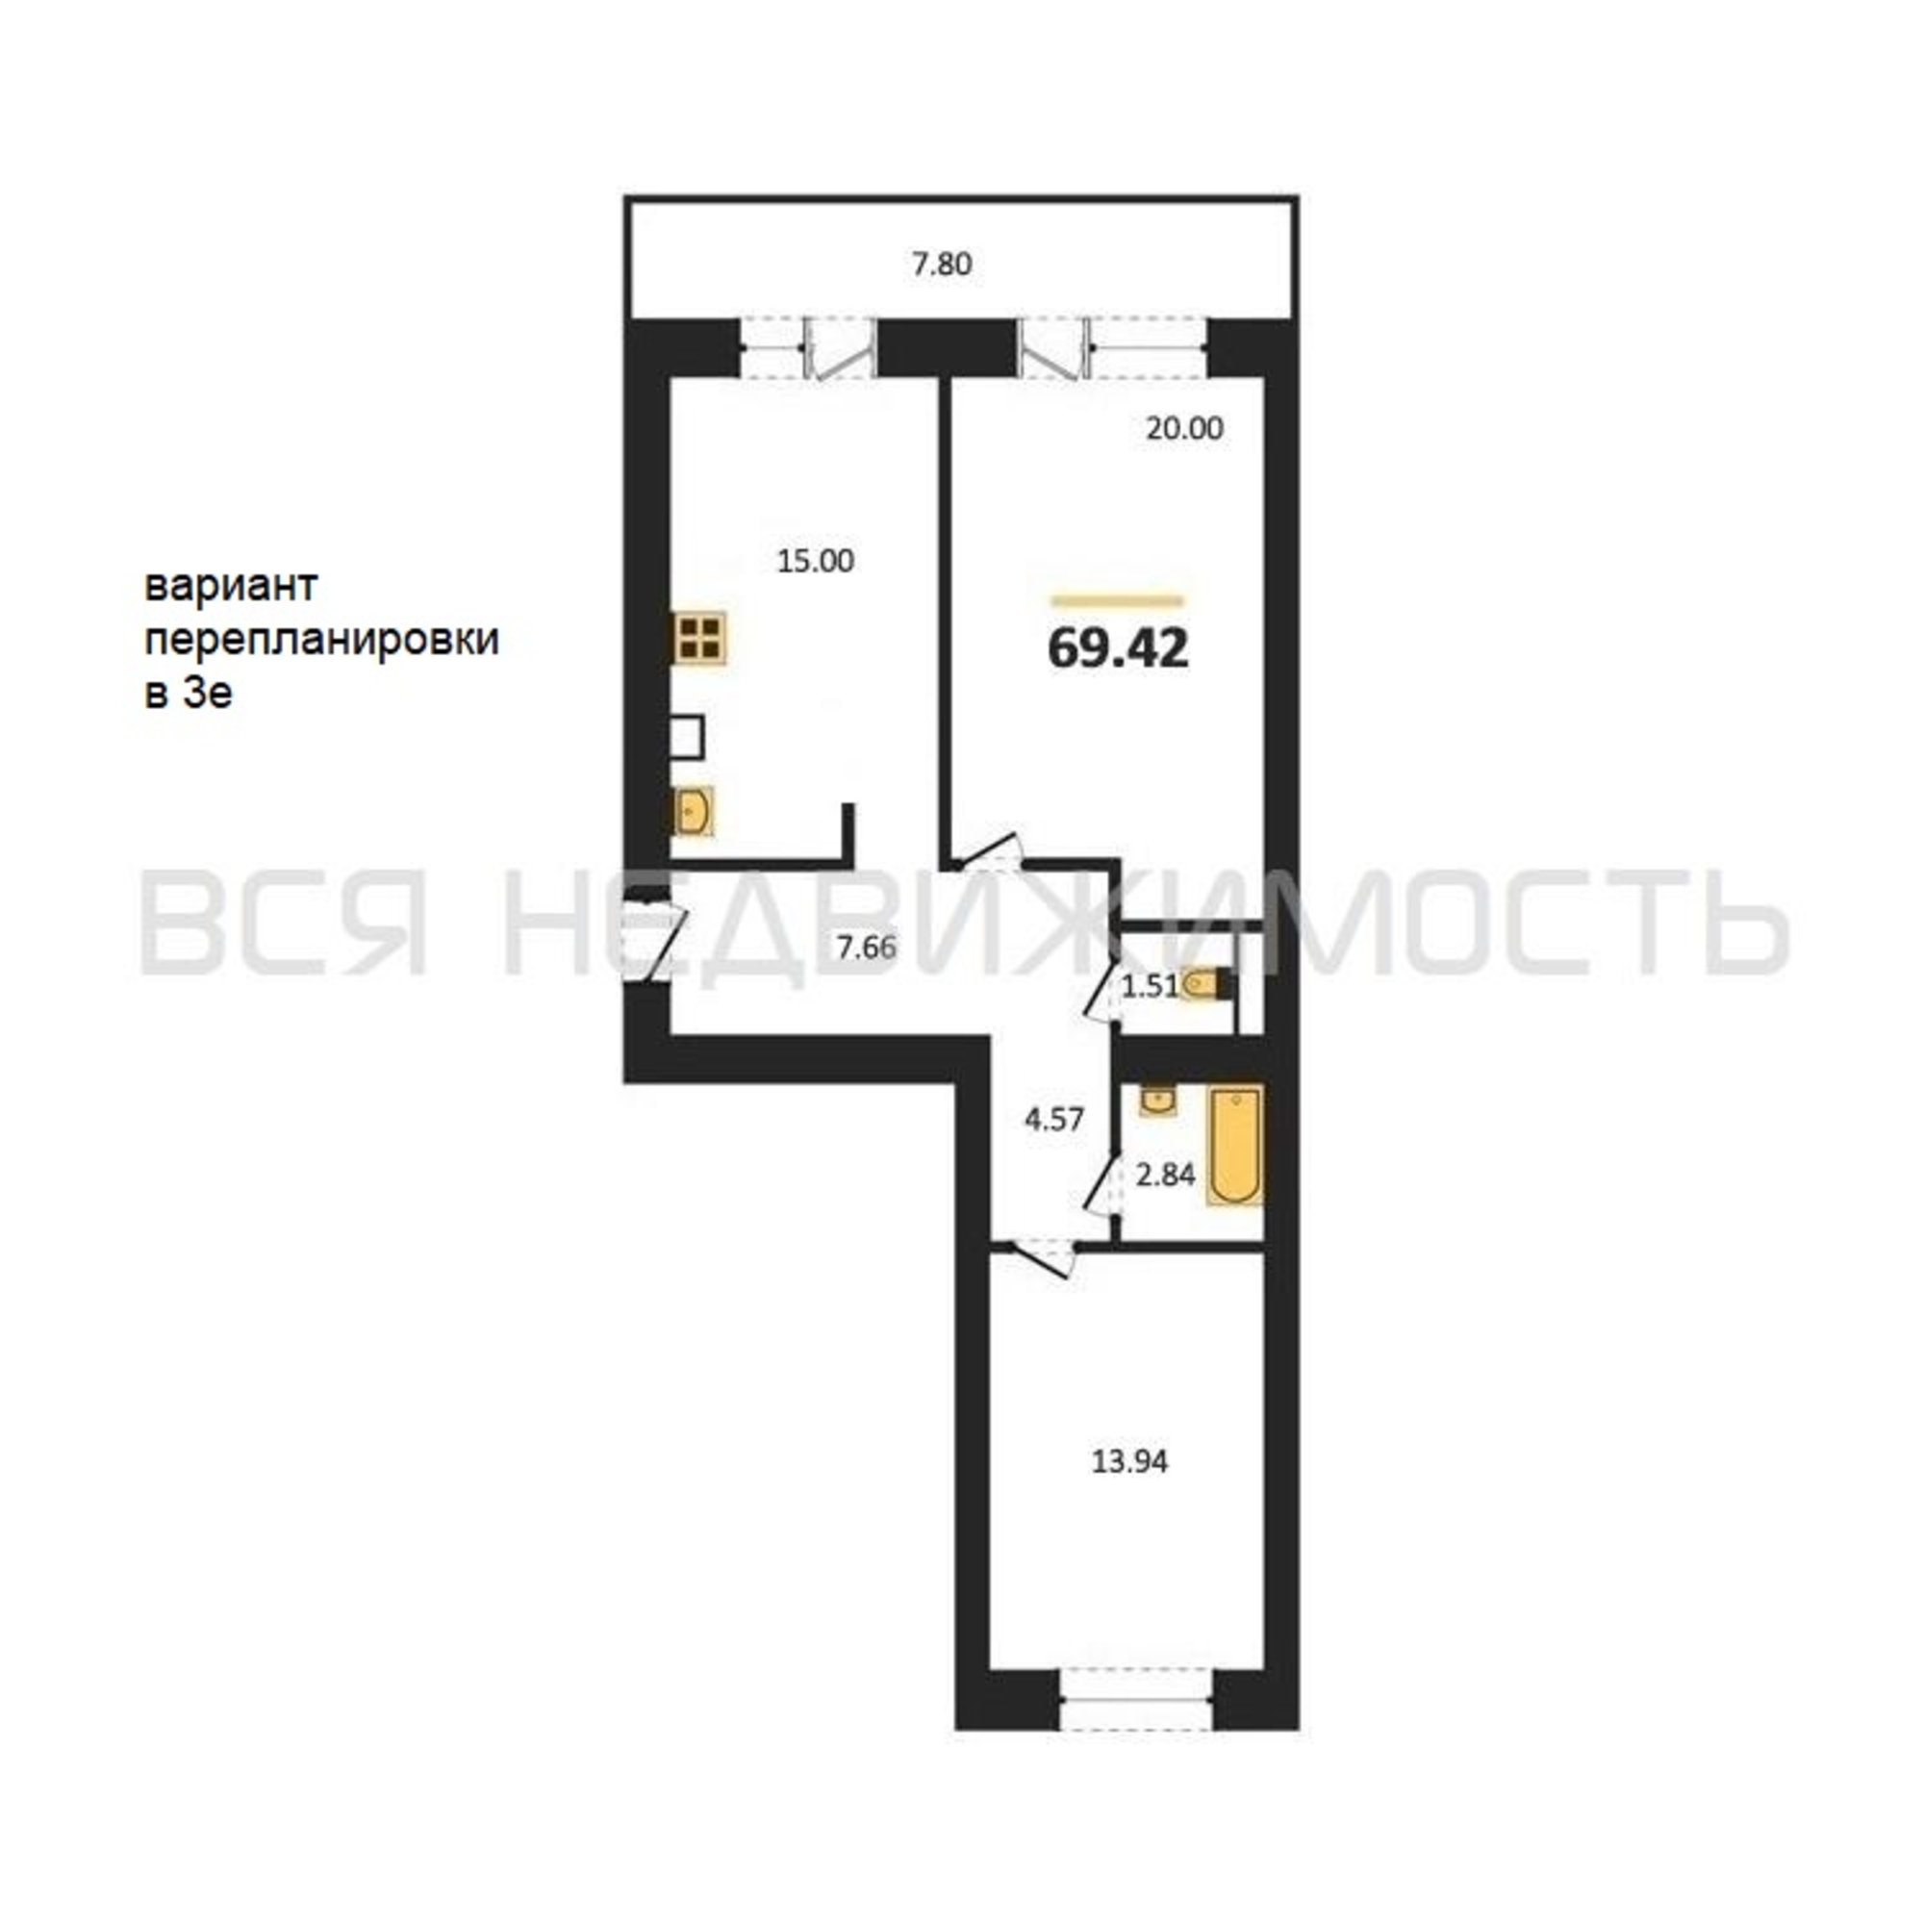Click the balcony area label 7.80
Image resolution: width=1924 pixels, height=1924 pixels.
tap(942, 265)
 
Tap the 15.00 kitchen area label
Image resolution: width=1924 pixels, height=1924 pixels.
tap(815, 562)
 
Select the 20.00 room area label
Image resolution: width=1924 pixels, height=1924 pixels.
tap(1184, 429)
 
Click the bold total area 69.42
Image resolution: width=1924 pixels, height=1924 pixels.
tap(1119, 649)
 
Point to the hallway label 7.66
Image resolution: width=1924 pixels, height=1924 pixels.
tap(867, 947)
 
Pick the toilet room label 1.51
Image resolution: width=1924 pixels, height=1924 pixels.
tap(1151, 986)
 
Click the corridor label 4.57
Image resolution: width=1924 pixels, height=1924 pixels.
tap(1053, 1120)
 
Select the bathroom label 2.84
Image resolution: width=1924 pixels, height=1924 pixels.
tap(1165, 1176)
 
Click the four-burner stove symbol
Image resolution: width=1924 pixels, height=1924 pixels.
tap(700, 638)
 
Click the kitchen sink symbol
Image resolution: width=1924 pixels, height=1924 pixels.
tap(693, 811)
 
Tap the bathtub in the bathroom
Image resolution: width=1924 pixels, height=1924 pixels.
tap(1235, 1145)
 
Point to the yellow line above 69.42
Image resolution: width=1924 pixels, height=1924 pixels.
tap(1117, 600)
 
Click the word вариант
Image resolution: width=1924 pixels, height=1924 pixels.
tap(231, 586)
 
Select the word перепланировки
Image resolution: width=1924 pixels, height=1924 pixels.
tap(321, 640)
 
